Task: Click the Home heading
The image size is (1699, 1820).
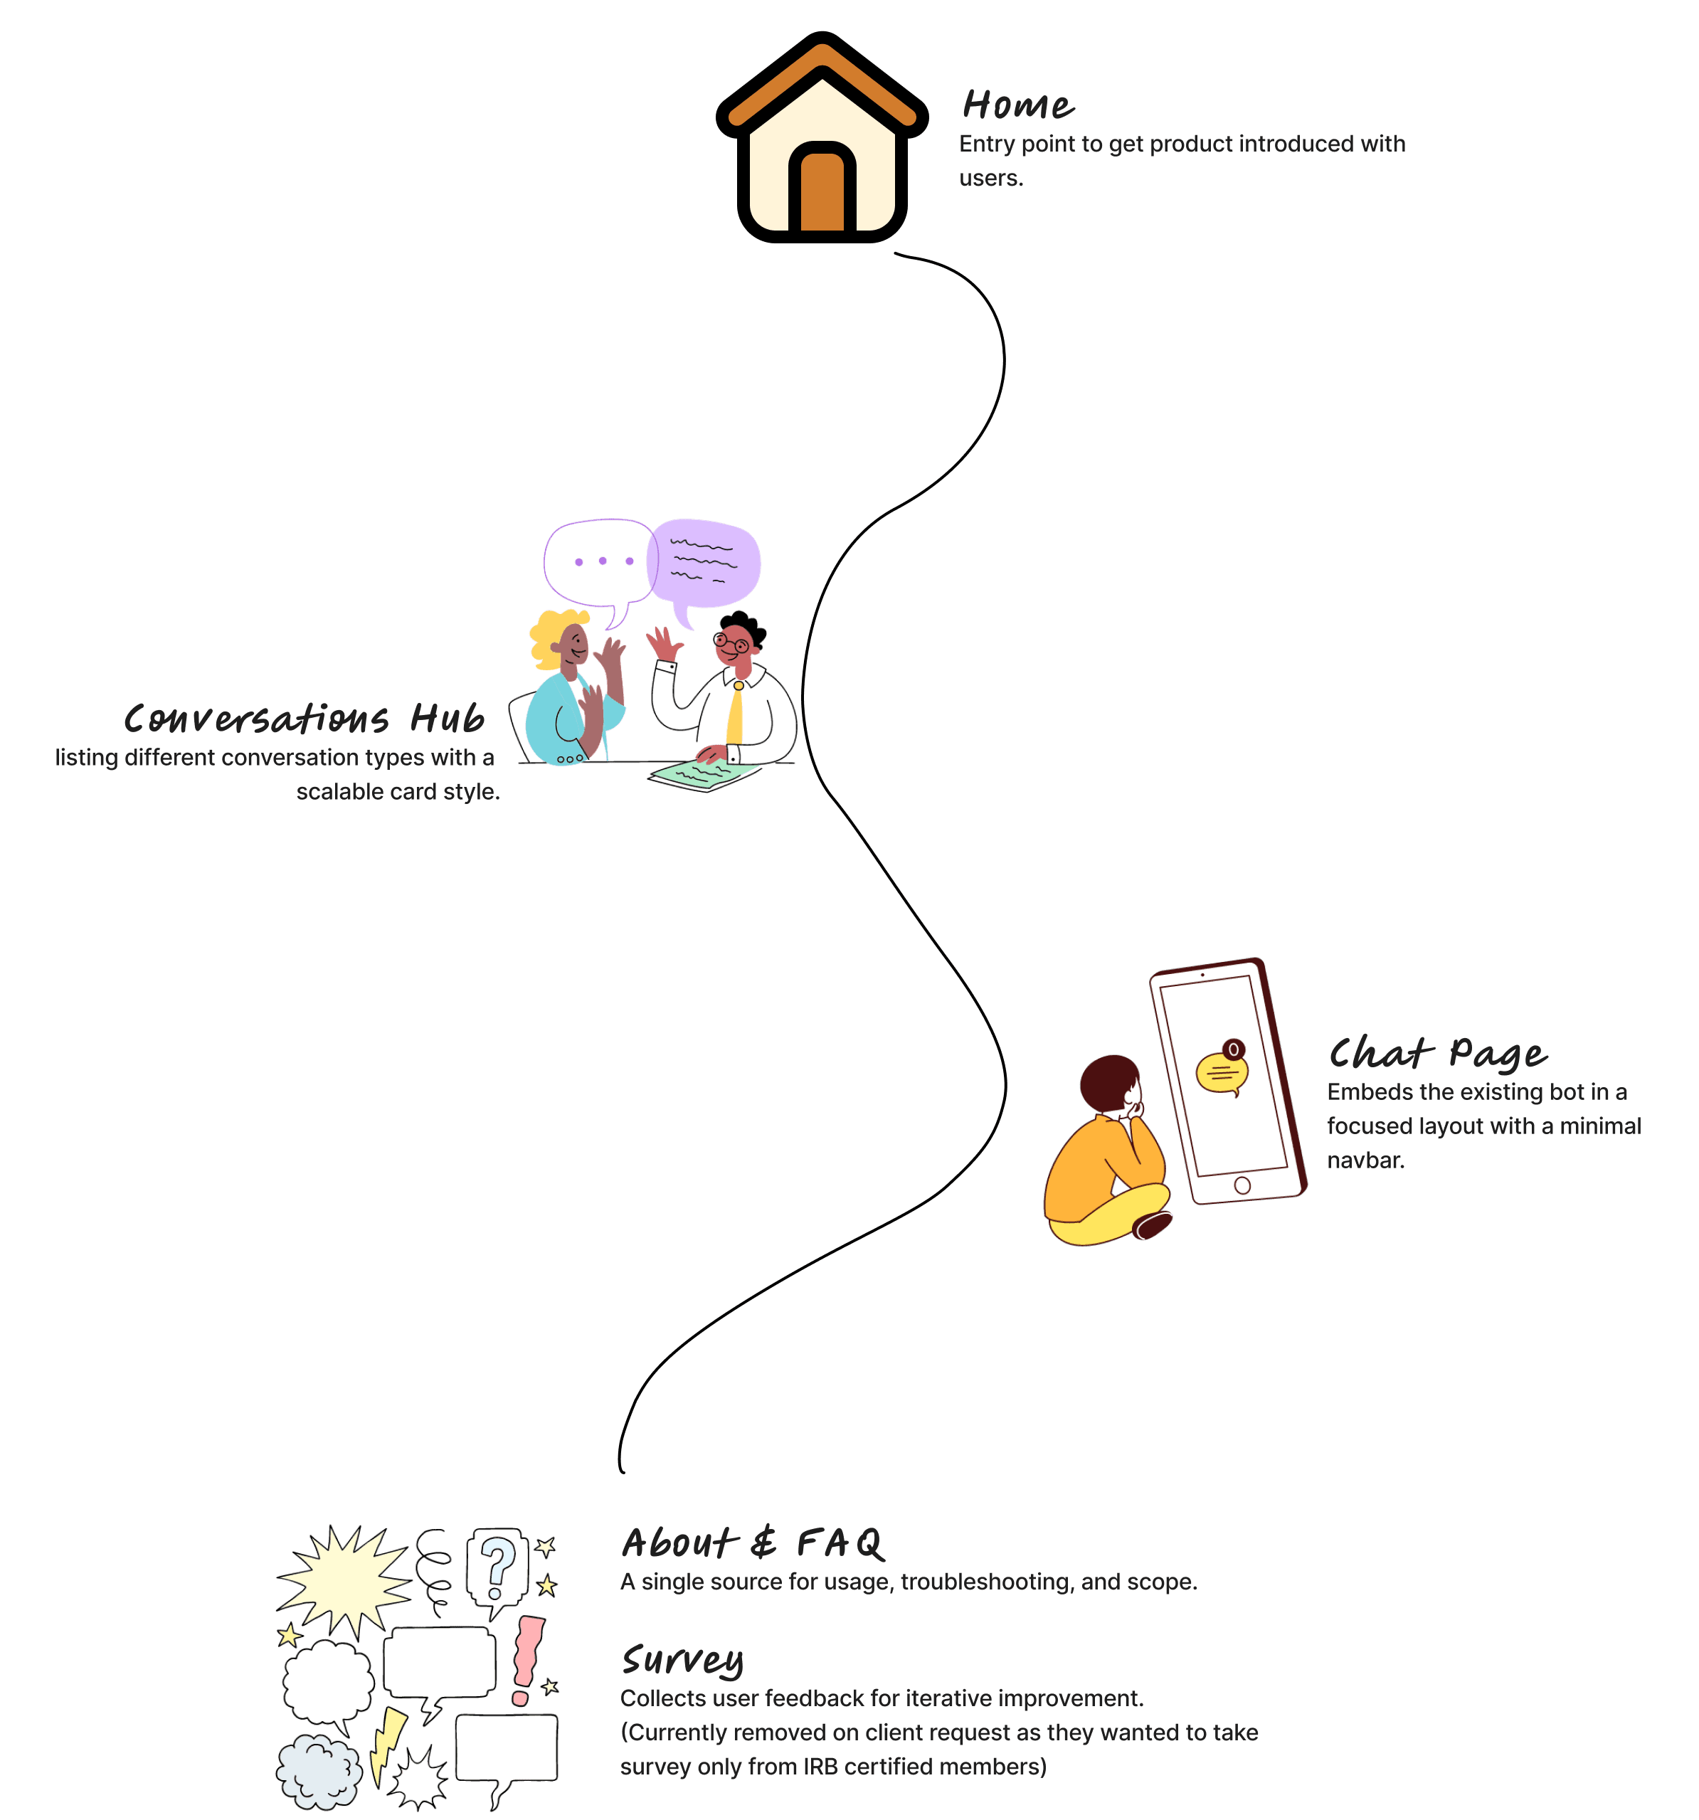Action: click(x=1018, y=105)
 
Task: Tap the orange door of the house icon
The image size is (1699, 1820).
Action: click(x=822, y=192)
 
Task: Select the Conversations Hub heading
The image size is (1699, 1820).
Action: click(x=304, y=719)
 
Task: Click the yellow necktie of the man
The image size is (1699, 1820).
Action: click(x=734, y=714)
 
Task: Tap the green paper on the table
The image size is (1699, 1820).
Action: click(x=703, y=775)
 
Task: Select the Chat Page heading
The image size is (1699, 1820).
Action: click(x=1437, y=1054)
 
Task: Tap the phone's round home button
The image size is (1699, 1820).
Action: click(x=1242, y=1185)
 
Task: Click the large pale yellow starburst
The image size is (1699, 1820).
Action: click(x=343, y=1580)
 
